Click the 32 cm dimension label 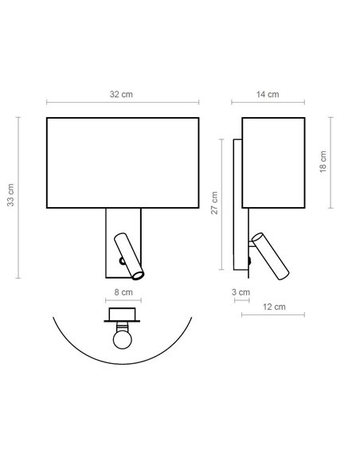pos(121,94)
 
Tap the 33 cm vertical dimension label pos(10,196)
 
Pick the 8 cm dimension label pos(123,292)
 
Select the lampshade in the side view pos(273,164)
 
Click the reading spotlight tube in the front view pos(130,254)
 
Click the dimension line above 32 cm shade pos(122,103)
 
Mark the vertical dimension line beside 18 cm pos(330,163)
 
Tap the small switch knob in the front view pos(119,260)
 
